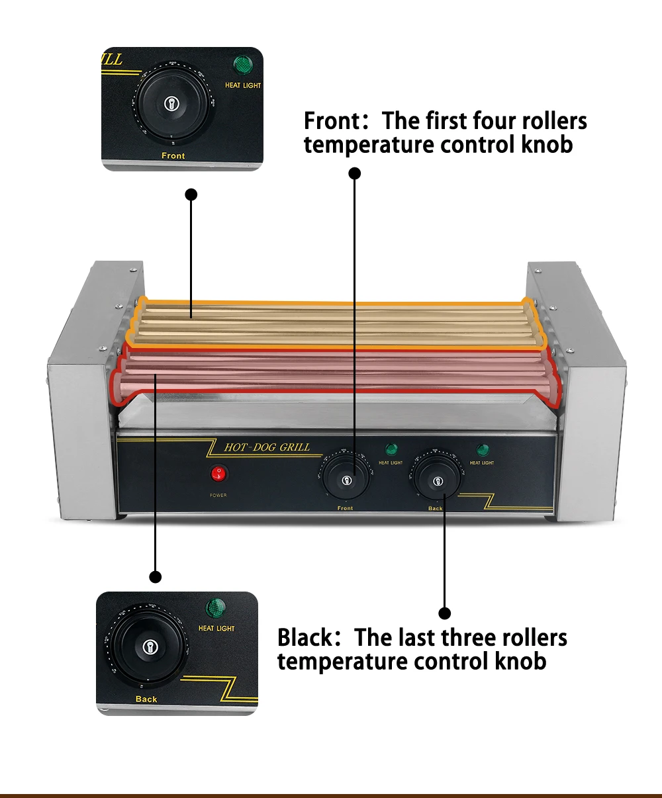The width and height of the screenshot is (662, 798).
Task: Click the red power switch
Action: pos(218,474)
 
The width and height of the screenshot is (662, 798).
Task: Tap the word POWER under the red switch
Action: pos(218,495)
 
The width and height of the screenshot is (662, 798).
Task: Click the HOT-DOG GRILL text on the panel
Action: pos(267,447)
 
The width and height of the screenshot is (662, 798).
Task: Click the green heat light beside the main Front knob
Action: pos(391,449)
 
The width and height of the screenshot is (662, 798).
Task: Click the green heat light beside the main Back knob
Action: pos(483,450)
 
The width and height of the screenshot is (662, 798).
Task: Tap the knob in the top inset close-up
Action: pos(172,103)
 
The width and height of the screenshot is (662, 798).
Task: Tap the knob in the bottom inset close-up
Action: pos(148,646)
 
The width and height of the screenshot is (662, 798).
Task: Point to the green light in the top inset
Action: pos(243,65)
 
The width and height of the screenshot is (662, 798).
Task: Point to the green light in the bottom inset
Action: pos(215,607)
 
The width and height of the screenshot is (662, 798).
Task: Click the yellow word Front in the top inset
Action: pos(173,155)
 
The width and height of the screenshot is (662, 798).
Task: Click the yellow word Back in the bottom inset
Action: pos(146,699)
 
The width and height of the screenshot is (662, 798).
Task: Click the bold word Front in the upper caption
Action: pos(331,122)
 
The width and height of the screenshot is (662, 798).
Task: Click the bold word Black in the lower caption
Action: pos(305,638)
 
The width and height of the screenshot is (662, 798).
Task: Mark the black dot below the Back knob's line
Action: pos(445,613)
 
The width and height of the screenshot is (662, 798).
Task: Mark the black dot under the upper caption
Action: pos(355,173)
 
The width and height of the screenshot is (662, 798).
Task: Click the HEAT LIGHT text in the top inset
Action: pos(243,85)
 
